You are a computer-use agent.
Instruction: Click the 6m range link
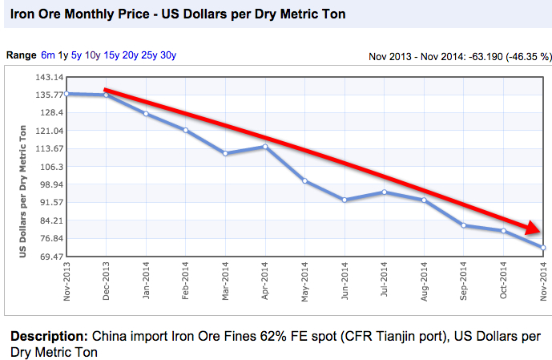48,55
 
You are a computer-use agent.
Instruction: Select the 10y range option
93,55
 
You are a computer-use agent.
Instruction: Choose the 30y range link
168,55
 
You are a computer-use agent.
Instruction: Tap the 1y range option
63,55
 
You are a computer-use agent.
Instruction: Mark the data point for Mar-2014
225,153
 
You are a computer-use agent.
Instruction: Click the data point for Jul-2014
385,192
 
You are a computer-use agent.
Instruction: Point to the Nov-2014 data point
543,248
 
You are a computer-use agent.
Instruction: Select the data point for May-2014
305,181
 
